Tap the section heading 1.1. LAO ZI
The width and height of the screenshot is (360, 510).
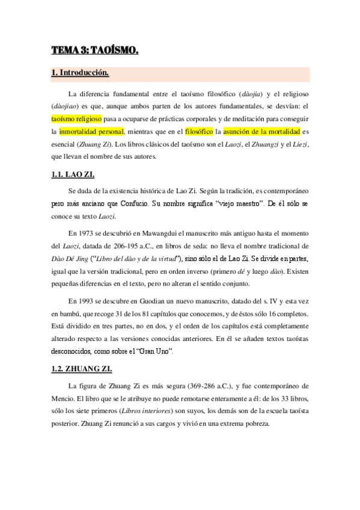point(73,175)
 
